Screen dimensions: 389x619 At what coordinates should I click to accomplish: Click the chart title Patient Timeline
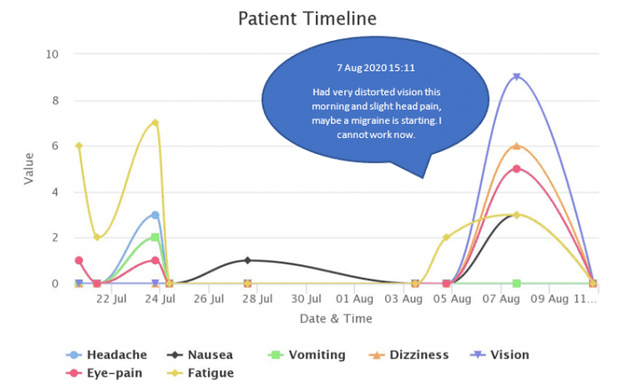307,18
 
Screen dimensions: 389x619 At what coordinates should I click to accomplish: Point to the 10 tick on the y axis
52,53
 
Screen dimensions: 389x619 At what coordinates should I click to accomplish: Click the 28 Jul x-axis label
257,300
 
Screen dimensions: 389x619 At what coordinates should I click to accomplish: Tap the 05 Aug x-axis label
453,300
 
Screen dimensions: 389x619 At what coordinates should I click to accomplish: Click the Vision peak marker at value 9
516,77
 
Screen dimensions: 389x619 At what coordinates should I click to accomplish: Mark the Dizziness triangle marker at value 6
516,146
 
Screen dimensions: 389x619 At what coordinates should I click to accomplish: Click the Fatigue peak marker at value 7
155,123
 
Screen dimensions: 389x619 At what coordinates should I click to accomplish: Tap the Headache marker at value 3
155,215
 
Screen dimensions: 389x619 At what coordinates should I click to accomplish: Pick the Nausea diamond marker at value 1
247,261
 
